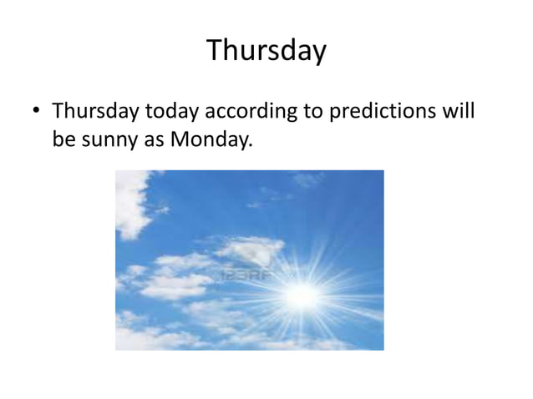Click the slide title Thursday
click(x=266, y=52)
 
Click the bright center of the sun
click(x=302, y=294)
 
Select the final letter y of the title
click(x=318, y=54)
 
